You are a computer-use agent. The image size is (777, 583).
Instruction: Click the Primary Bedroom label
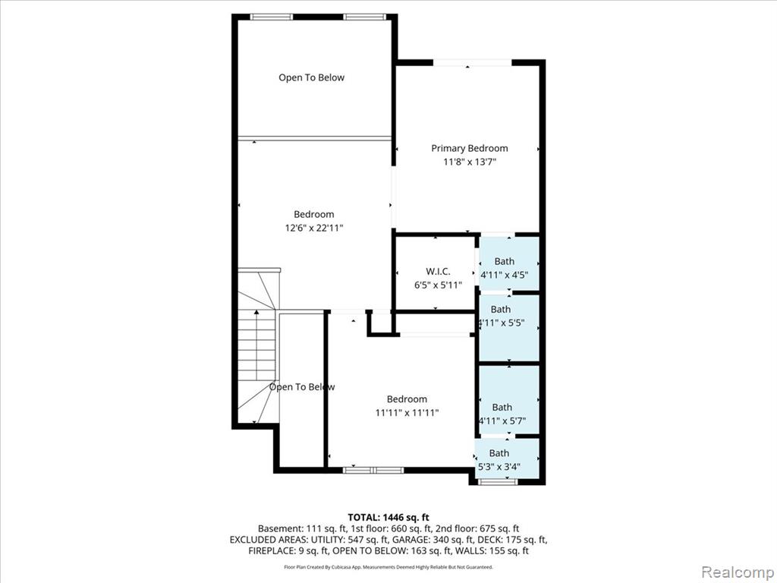[469, 148]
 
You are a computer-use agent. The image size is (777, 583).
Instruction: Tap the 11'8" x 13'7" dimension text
[469, 162]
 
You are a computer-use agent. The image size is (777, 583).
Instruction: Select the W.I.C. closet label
[438, 272]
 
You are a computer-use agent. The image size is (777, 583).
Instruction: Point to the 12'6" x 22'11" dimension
[313, 228]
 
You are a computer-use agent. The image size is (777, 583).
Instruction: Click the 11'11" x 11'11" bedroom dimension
[407, 412]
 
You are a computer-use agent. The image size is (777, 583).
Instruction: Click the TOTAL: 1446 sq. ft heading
[388, 518]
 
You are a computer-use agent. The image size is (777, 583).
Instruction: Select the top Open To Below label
[311, 77]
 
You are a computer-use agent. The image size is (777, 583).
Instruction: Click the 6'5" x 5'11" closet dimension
[438, 285]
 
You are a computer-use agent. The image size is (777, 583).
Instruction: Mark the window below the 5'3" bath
[498, 481]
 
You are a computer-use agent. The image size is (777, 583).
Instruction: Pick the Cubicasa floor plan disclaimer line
[388, 567]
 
